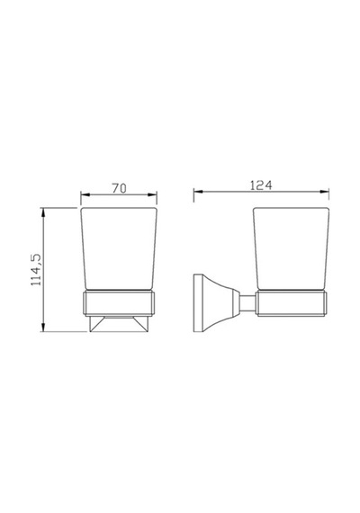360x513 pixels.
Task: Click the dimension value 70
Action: coord(119,188)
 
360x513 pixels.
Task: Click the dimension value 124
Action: coord(261,185)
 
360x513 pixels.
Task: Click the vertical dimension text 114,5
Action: coord(36,270)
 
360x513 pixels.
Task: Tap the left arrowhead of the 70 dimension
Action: coord(85,194)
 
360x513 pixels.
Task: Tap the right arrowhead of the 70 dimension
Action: coord(152,194)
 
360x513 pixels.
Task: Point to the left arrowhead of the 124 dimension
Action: coord(198,192)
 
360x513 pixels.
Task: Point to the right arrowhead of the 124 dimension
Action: coord(324,192)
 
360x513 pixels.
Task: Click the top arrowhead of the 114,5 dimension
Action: coord(43,212)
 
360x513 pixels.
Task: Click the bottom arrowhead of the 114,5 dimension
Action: coord(43,327)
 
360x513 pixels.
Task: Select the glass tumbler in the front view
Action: coord(119,248)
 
